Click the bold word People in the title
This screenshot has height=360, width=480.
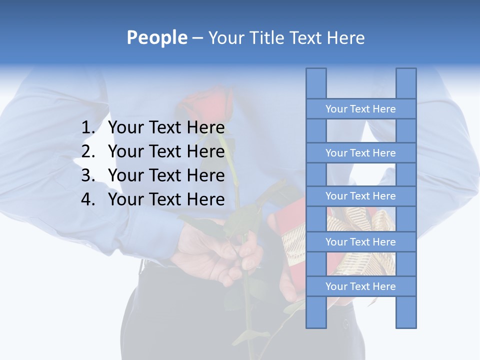coord(157,37)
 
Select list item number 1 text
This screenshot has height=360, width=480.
coord(166,127)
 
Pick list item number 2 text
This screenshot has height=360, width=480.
coord(166,151)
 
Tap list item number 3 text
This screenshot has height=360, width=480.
coord(166,175)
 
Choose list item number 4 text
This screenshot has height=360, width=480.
coord(166,199)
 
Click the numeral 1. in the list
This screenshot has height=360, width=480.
coord(88,127)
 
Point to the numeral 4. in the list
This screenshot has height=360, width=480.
coord(88,199)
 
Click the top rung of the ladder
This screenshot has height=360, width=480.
coord(360,109)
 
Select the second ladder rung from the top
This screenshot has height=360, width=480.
coord(360,153)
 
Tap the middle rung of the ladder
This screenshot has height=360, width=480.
coord(360,196)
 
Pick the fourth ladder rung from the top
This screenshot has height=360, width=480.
coord(360,242)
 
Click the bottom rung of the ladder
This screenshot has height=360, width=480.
coord(360,286)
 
